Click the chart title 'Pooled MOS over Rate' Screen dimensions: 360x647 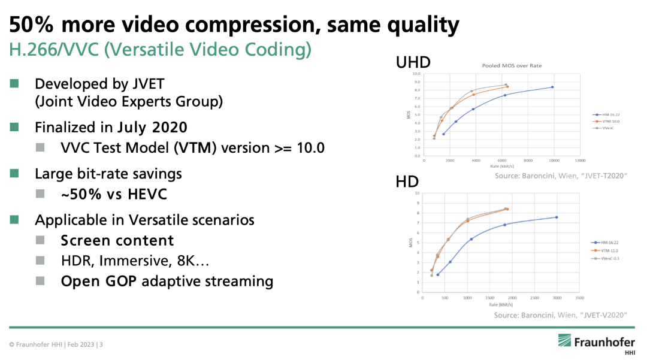pos(508,65)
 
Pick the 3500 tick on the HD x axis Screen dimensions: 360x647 pos(579,297)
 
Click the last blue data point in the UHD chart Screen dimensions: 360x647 pos(552,87)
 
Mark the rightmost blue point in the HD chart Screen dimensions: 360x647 pos(557,217)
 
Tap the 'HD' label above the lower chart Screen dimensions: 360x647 pos(407,182)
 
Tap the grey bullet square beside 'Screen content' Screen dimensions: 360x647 pos(40,240)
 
